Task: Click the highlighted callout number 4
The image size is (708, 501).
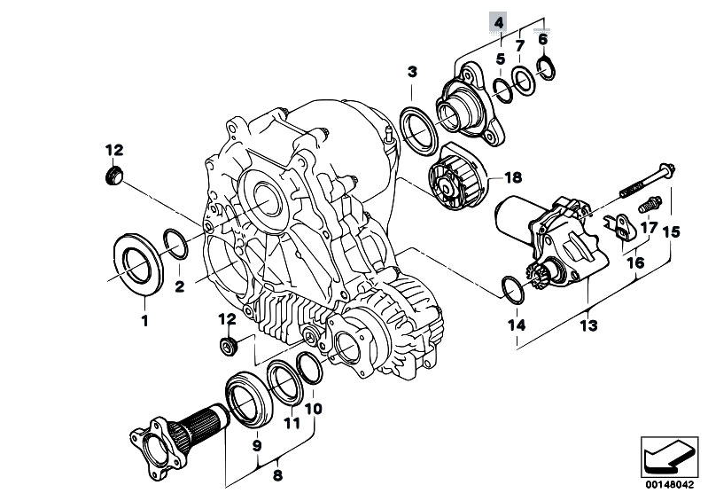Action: [x=499, y=22]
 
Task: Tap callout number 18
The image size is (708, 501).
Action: [x=513, y=177]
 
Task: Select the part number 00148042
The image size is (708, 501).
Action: [x=669, y=484]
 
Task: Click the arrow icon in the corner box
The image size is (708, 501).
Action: [x=669, y=458]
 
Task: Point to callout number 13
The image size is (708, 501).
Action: [x=588, y=325]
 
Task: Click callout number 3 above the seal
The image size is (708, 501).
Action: [x=412, y=71]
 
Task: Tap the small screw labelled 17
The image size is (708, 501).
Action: [x=650, y=204]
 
